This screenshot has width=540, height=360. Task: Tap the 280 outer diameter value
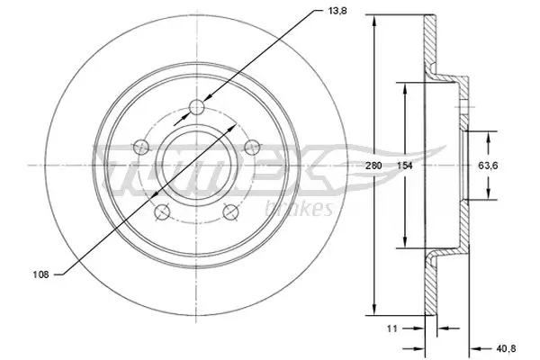tap(374, 166)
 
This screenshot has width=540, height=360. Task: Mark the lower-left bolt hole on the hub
tap(162, 211)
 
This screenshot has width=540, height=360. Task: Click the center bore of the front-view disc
tap(195, 165)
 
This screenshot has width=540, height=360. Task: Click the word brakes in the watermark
tap(304, 209)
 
